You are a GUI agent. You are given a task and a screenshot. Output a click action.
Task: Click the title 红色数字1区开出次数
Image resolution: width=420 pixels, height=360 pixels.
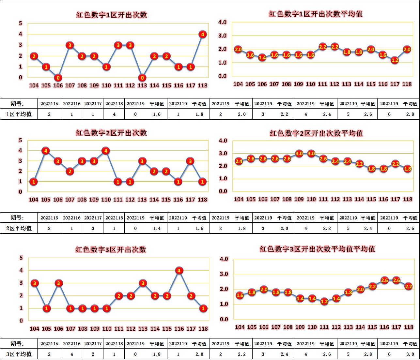click(x=111, y=15)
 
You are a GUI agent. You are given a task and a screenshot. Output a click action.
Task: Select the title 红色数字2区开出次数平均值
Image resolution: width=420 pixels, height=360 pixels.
click(x=316, y=133)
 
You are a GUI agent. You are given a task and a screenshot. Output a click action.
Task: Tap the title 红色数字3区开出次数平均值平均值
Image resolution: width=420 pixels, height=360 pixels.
click(x=317, y=249)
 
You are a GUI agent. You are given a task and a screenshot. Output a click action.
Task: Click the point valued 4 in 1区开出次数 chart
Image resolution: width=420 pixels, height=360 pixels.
click(x=203, y=34)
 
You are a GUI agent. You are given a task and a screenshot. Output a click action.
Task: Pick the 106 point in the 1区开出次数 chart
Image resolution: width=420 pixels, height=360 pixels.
click(x=58, y=78)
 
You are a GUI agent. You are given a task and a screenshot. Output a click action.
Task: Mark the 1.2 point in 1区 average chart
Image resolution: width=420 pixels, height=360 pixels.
click(x=395, y=60)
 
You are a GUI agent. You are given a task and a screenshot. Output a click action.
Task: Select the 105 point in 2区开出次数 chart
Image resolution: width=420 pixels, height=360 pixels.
click(x=46, y=151)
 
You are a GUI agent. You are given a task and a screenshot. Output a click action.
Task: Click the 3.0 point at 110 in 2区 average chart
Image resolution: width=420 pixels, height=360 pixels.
click(x=311, y=154)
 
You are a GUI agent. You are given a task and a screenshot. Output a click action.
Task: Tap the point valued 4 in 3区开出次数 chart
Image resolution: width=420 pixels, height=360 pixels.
click(x=179, y=270)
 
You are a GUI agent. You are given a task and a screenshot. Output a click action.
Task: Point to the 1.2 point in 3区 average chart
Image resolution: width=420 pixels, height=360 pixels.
click(x=324, y=301)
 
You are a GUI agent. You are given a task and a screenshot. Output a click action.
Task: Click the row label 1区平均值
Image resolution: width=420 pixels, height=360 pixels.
click(x=19, y=114)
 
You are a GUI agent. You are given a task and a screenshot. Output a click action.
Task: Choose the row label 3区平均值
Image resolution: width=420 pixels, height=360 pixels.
click(x=19, y=354)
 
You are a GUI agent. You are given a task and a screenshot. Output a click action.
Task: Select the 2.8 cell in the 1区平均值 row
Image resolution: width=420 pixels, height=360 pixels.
click(x=410, y=114)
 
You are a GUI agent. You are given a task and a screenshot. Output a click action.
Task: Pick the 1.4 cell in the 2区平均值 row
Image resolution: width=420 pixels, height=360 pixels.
click(x=157, y=228)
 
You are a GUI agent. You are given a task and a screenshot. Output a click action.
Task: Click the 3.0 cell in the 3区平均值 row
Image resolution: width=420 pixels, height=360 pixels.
click(x=410, y=354)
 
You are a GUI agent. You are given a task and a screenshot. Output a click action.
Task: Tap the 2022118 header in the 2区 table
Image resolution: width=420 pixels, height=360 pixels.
click(x=114, y=218)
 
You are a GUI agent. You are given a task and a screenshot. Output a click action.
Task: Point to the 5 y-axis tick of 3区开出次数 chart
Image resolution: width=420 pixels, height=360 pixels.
click(x=21, y=258)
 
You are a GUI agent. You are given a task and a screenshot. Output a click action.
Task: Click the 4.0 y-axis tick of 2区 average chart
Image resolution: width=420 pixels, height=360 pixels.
click(x=223, y=141)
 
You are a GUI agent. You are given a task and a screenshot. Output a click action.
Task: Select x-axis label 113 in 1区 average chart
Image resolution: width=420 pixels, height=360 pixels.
click(x=347, y=84)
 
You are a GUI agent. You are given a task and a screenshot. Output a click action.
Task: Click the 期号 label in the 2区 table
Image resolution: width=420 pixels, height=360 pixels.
click(x=17, y=218)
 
